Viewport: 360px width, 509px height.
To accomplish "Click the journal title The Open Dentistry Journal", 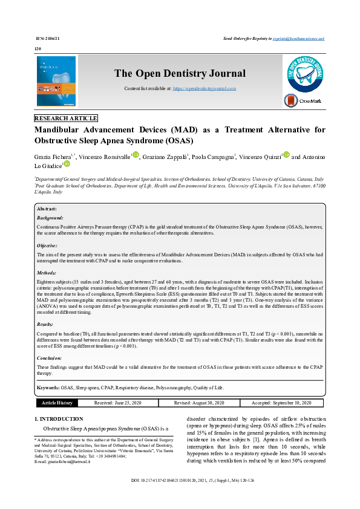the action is pos(180,73).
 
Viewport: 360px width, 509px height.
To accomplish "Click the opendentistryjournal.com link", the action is pos(205,88).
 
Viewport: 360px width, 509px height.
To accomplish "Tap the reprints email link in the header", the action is pos(299,38).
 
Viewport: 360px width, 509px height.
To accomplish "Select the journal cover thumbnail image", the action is pos(56,81).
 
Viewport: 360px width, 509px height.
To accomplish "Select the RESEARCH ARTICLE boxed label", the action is pos(66,118).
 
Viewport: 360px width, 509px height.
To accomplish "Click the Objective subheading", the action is pos(48,246).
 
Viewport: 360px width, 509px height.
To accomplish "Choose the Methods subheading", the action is pos(47,273).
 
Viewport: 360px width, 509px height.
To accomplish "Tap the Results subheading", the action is pos(46,325).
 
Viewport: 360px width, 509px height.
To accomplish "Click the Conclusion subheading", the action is pos(50,358).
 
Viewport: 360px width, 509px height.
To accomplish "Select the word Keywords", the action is pos(48,387).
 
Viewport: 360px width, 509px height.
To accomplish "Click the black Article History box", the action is pos(57,403).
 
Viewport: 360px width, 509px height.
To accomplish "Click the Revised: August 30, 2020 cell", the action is pos(199,403).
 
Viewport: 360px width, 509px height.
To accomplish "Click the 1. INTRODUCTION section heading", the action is pos(59,418).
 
